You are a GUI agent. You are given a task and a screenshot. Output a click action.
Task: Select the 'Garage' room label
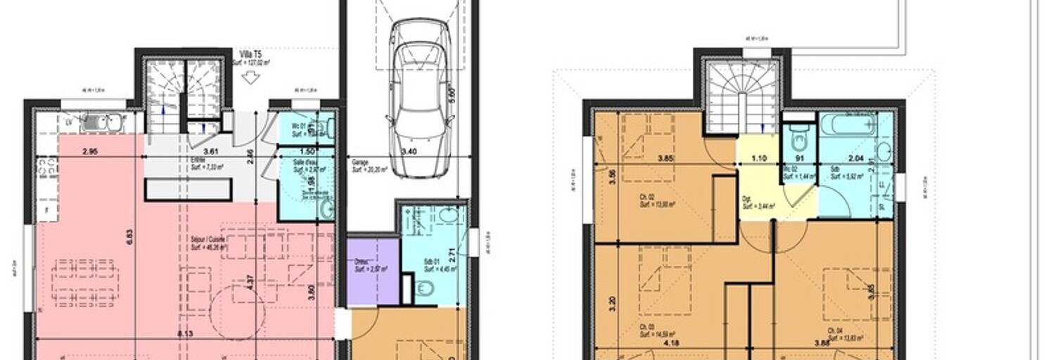click(x=361, y=162)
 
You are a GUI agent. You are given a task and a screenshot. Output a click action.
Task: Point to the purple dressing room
click(x=373, y=271)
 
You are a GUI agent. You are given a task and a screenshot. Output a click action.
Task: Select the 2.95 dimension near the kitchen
click(x=89, y=151)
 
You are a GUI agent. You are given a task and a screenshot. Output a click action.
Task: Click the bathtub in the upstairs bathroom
click(x=848, y=127)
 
